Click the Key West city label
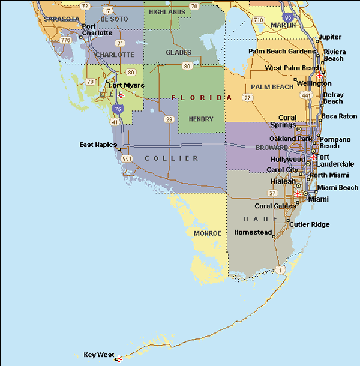(x=99, y=355)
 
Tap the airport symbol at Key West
(x=119, y=358)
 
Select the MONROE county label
(x=207, y=233)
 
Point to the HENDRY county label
(x=200, y=119)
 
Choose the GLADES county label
(x=178, y=52)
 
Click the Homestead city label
(x=253, y=232)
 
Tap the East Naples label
(x=98, y=145)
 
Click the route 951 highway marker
(x=127, y=158)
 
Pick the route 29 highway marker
(x=169, y=119)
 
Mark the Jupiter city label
(x=329, y=37)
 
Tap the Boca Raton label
(x=339, y=116)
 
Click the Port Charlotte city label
(x=97, y=29)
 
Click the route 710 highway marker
(x=259, y=20)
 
